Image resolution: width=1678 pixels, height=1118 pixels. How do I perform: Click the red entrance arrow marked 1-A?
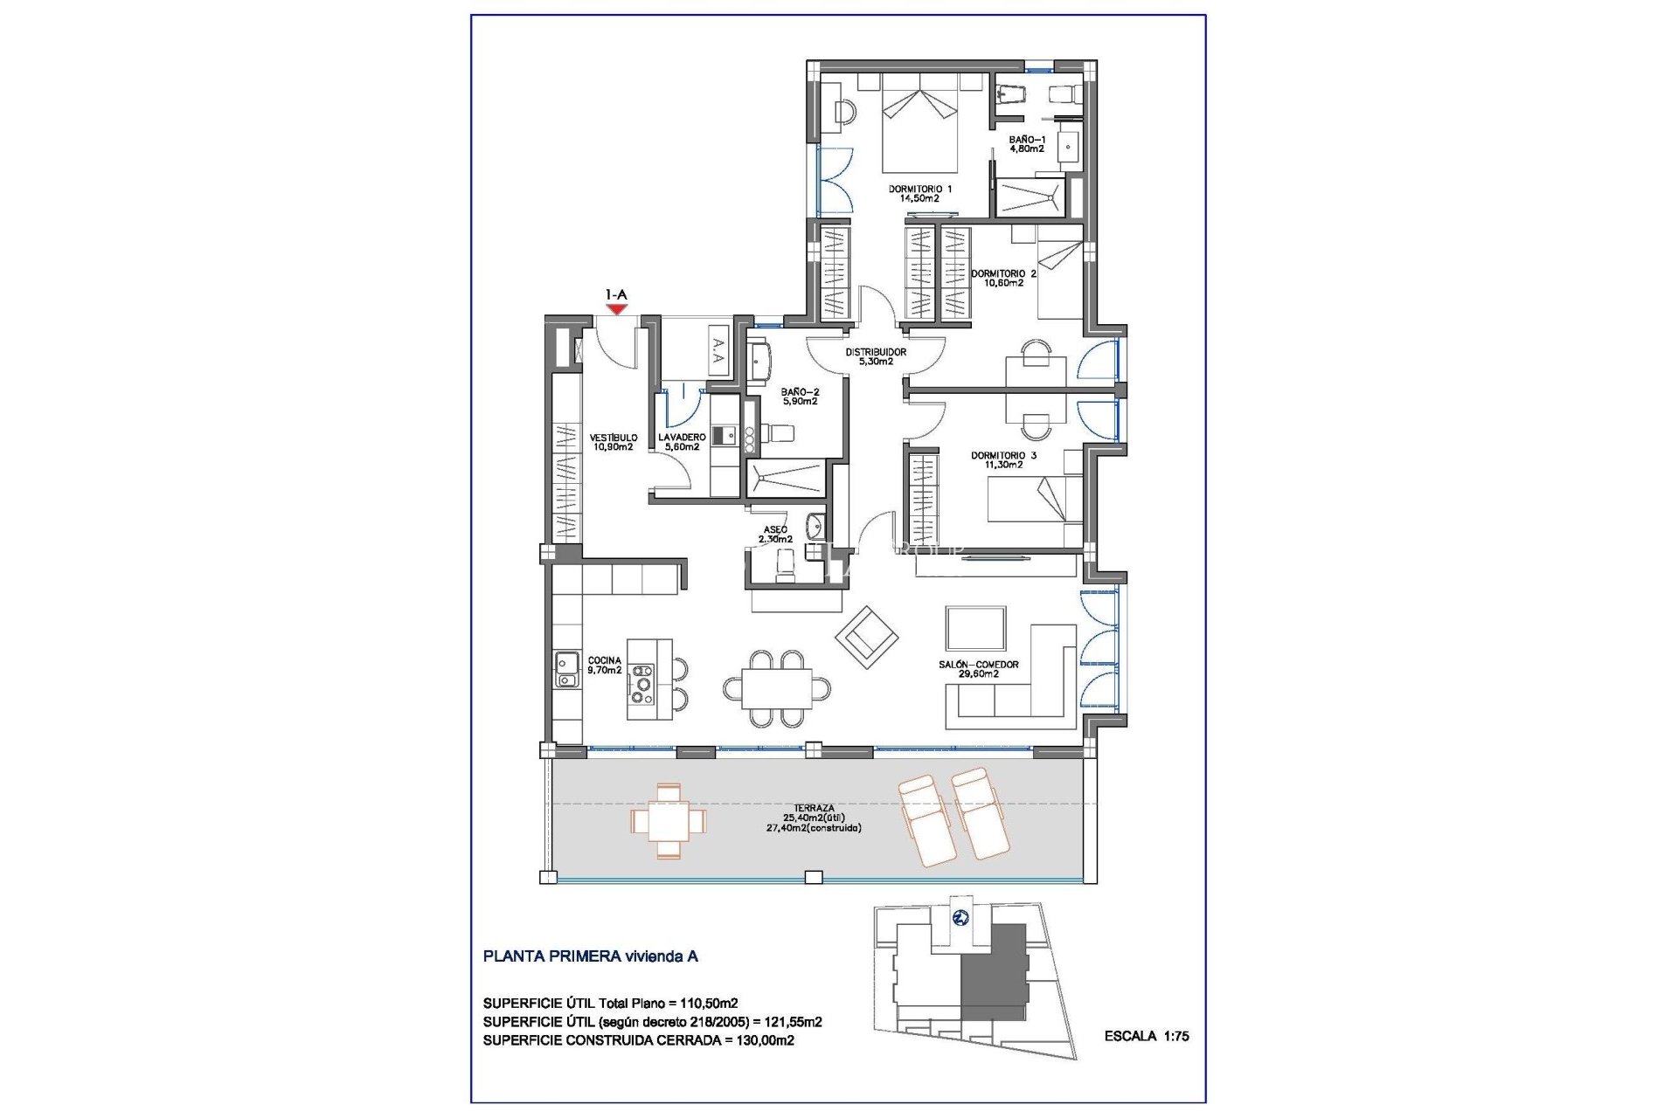click(617, 308)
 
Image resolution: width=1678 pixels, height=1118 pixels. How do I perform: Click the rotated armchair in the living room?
click(867, 638)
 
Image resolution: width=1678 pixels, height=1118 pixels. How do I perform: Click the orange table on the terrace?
click(669, 821)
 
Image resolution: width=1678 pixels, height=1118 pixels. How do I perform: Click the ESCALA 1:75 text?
click(1146, 1036)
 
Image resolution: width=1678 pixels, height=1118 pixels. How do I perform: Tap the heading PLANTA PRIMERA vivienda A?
click(590, 956)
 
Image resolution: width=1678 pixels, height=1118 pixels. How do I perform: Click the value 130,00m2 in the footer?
click(762, 1040)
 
